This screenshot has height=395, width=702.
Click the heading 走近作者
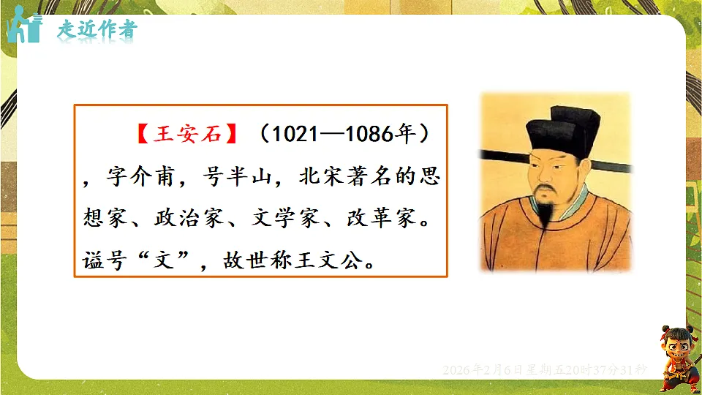[x=97, y=30]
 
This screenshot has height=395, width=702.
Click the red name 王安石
[x=186, y=135]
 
